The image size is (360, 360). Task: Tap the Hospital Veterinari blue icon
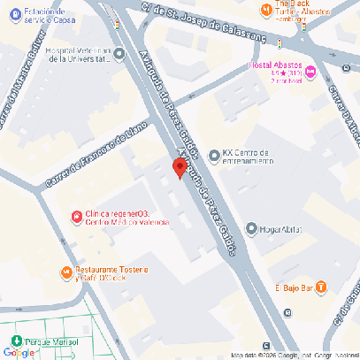[x=120, y=54]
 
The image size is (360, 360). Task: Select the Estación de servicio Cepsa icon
[x=8, y=13]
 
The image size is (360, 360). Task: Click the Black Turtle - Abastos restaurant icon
[x=265, y=9]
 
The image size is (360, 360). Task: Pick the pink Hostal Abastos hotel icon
[x=310, y=68]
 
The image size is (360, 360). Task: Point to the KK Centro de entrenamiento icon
[x=212, y=156]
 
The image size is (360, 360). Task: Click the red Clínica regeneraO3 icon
[x=76, y=215]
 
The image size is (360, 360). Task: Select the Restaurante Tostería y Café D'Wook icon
[x=65, y=272]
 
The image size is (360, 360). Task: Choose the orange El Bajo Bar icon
[x=320, y=287]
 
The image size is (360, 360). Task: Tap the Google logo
[x=19, y=352]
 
